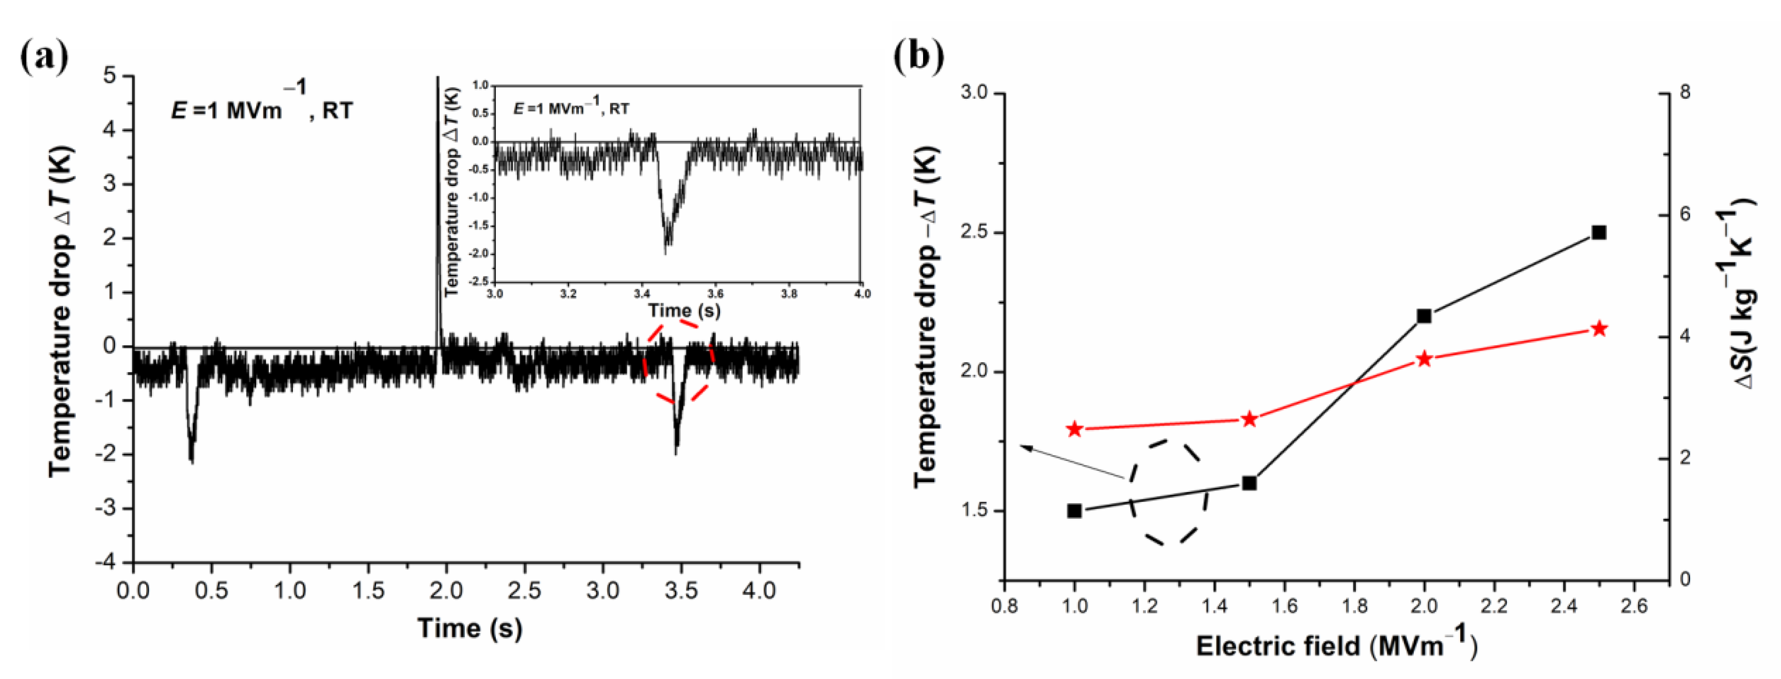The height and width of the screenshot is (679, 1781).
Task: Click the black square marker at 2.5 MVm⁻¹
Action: (x=1599, y=233)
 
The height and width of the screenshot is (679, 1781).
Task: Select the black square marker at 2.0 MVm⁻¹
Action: (x=1424, y=316)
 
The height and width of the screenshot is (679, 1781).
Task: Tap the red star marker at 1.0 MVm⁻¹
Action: (x=1074, y=429)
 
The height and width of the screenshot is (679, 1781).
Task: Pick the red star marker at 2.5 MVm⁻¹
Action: (x=1599, y=329)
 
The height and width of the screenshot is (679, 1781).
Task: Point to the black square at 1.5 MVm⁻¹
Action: (x=1248, y=483)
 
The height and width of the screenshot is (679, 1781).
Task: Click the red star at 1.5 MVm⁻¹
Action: (x=1248, y=420)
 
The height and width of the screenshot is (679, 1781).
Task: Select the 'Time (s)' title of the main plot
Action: (x=470, y=628)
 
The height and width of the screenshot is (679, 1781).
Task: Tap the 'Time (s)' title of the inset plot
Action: (x=684, y=311)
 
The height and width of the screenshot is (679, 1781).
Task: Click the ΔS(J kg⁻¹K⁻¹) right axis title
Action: (x=1742, y=294)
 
